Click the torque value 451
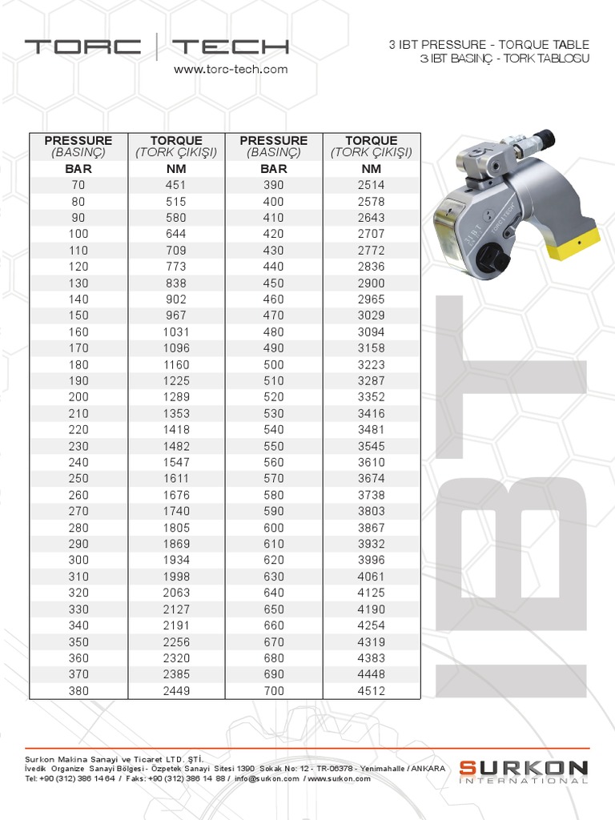pos(176,185)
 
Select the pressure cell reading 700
pos(273,690)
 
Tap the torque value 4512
pos(372,690)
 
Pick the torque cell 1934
pos(176,560)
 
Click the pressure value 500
pos(273,364)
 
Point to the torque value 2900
pos(372,283)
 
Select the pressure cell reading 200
pos(78,396)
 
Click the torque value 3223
pos(372,364)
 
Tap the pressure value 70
pos(78,185)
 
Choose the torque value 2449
pos(176,690)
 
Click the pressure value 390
pos(273,185)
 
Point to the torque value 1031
pos(176,332)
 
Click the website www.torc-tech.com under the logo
pos(231,70)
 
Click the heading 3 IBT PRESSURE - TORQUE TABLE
pos(488,45)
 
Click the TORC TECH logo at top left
pos(156,46)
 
